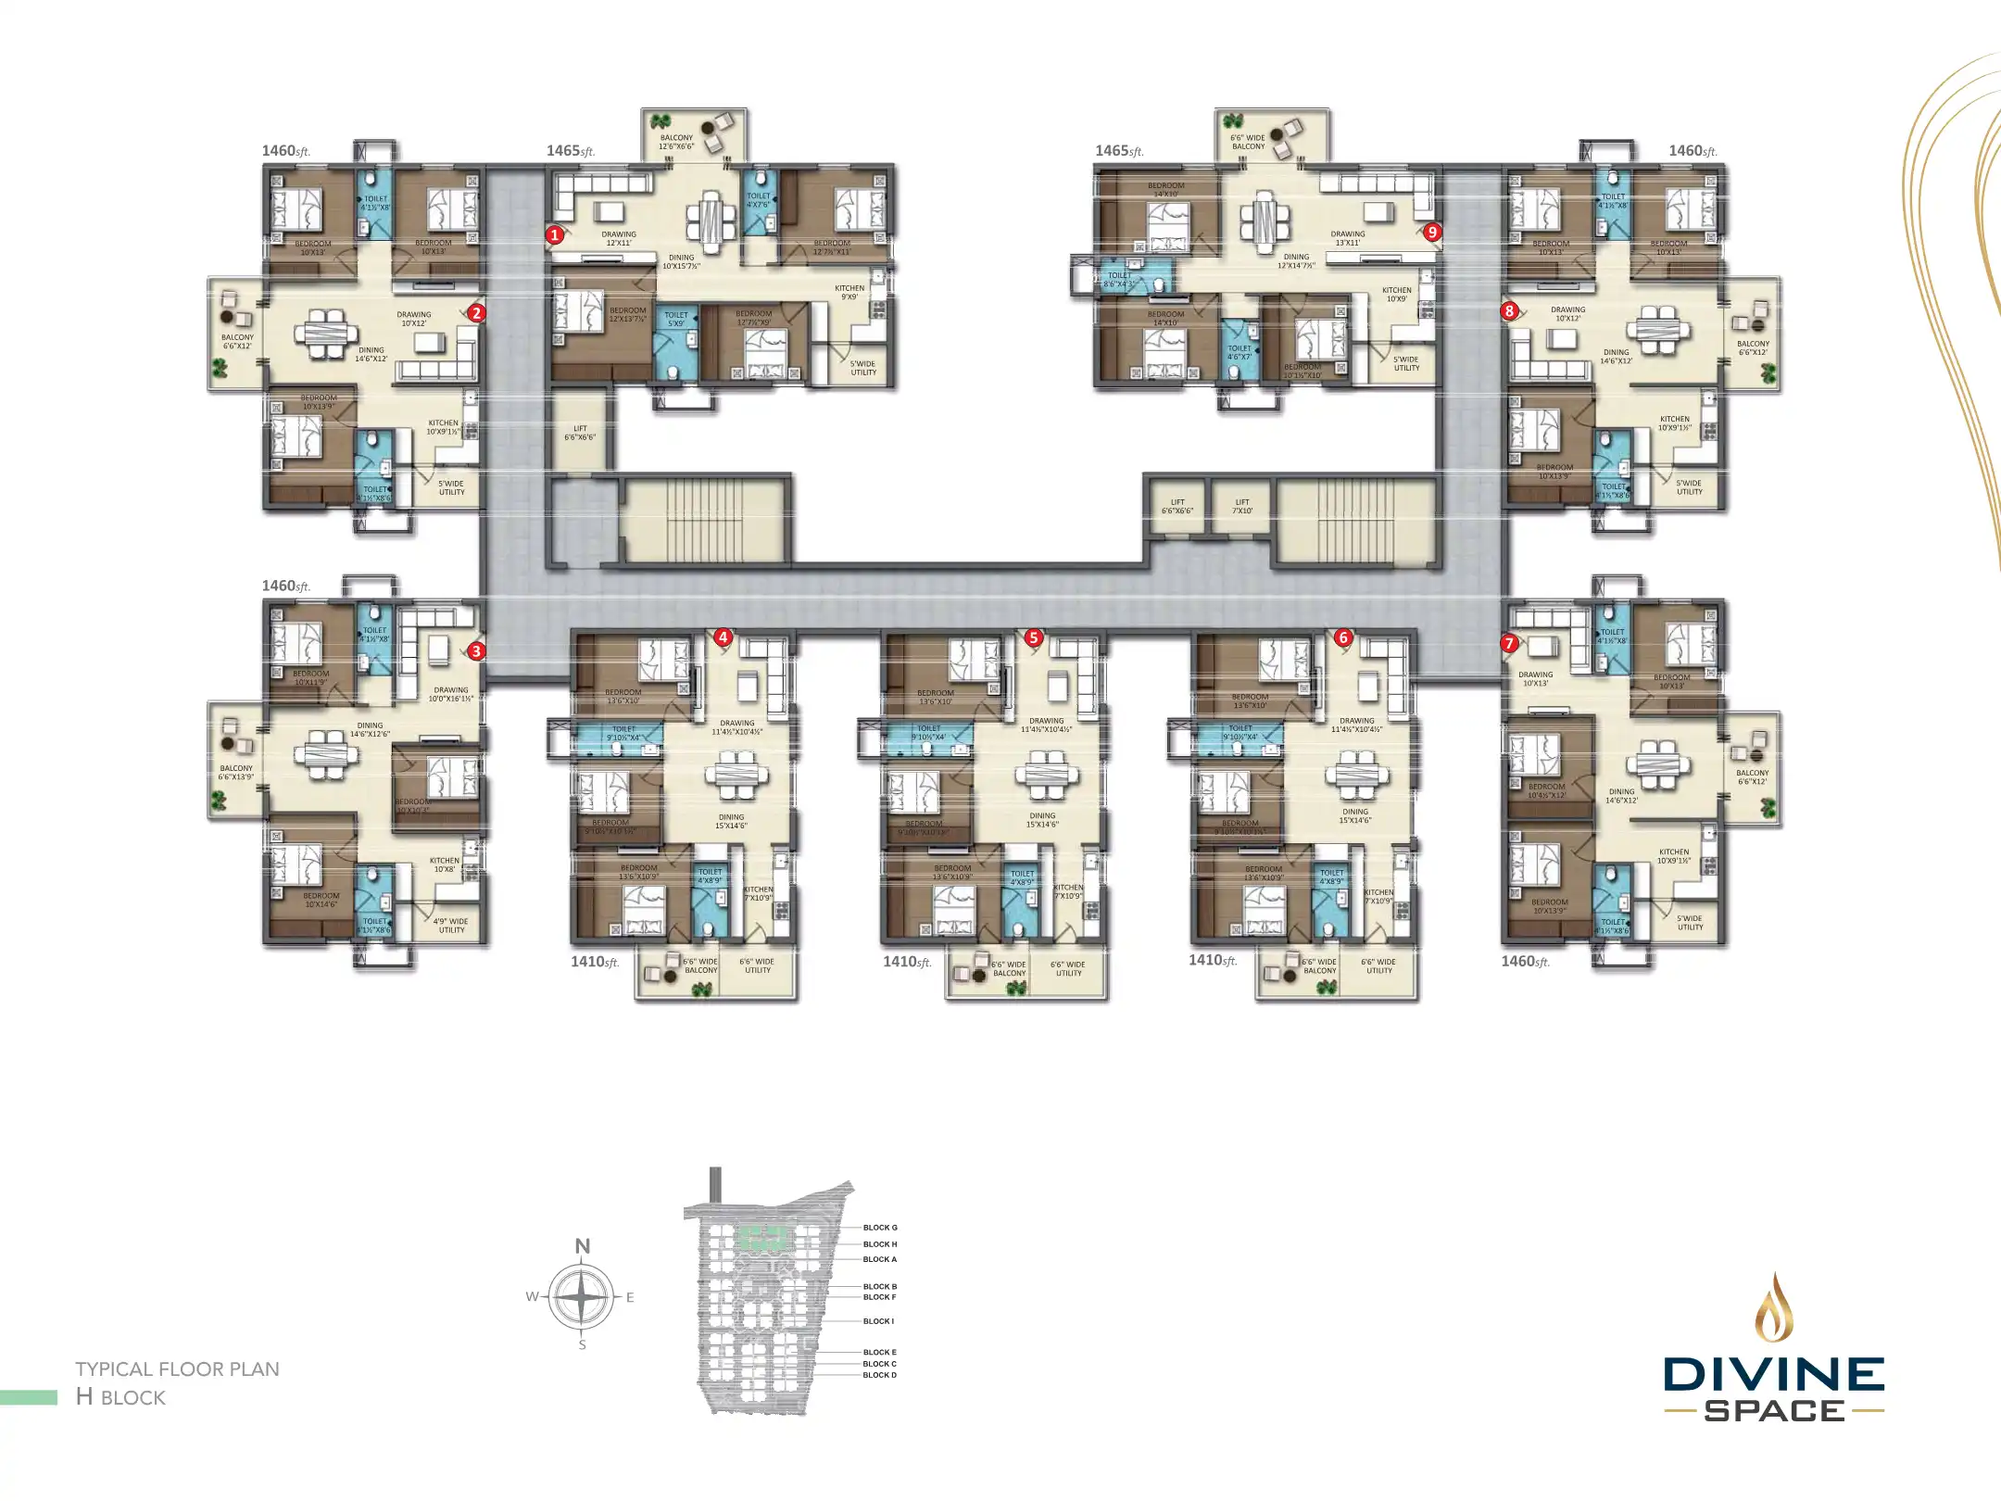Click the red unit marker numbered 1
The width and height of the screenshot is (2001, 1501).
(554, 234)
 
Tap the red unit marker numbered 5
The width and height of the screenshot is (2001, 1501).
(1034, 637)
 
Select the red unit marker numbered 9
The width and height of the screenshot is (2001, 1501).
(1432, 232)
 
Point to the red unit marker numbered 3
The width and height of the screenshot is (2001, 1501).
(476, 650)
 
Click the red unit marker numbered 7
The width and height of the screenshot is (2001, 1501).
(1509, 643)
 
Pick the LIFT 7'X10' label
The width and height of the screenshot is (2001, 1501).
(1242, 507)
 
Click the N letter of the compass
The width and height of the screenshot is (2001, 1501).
(583, 1246)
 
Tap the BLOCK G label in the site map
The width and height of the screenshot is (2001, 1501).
(880, 1228)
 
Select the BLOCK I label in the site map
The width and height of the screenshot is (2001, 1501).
(878, 1321)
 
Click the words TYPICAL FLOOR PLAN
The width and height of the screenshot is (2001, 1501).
(177, 1369)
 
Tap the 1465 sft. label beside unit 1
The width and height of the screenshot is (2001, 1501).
(570, 151)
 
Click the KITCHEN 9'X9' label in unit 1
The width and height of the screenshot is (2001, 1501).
(849, 293)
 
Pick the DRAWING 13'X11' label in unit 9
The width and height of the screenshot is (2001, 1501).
(1348, 239)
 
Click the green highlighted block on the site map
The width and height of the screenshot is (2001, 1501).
(762, 1237)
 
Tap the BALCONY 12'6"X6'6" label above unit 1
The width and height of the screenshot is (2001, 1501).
(676, 142)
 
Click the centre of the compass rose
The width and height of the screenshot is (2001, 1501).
(581, 1296)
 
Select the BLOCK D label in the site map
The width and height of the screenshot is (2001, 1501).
(879, 1375)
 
